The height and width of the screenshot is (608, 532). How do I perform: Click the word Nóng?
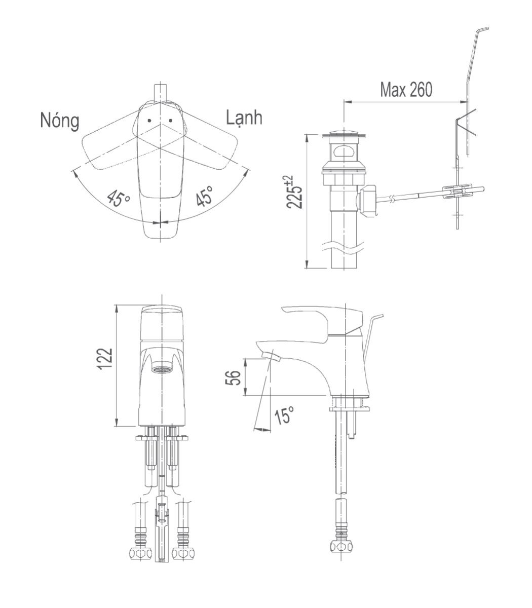pyautogui.click(x=60, y=121)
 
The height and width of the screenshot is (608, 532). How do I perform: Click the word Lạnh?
pyautogui.click(x=244, y=118)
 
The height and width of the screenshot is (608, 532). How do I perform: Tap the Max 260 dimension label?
pyautogui.click(x=406, y=90)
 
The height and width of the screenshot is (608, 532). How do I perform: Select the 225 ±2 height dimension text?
pyautogui.click(x=294, y=192)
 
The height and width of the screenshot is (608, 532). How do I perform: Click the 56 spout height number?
pyautogui.click(x=233, y=377)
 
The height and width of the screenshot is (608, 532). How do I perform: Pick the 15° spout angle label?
pyautogui.click(x=284, y=414)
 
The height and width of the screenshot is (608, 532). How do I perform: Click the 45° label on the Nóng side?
pyautogui.click(x=118, y=198)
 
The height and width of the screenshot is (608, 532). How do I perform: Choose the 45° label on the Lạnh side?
pyautogui.click(x=205, y=196)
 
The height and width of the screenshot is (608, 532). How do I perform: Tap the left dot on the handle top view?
pyautogui.click(x=149, y=121)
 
